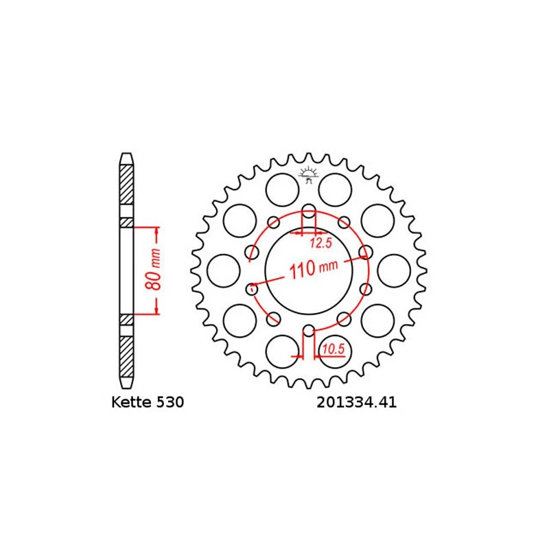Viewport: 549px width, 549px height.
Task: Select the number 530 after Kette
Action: coord(170,403)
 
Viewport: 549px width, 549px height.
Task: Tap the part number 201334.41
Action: coord(356,403)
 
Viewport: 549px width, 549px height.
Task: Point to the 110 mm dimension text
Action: coord(312,268)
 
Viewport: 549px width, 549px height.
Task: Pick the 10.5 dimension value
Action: coord(332,349)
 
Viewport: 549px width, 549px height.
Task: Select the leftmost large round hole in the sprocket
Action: coord(222,270)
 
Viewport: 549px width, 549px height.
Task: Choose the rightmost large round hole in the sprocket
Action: coord(394,270)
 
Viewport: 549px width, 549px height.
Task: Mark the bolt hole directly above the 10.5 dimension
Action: coord(308,330)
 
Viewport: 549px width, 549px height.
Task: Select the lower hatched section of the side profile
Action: coord(126,353)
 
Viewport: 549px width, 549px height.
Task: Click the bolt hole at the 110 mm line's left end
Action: coord(252,288)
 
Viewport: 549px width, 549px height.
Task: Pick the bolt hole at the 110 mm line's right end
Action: coord(365,253)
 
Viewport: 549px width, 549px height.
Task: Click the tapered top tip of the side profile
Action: coord(126,158)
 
